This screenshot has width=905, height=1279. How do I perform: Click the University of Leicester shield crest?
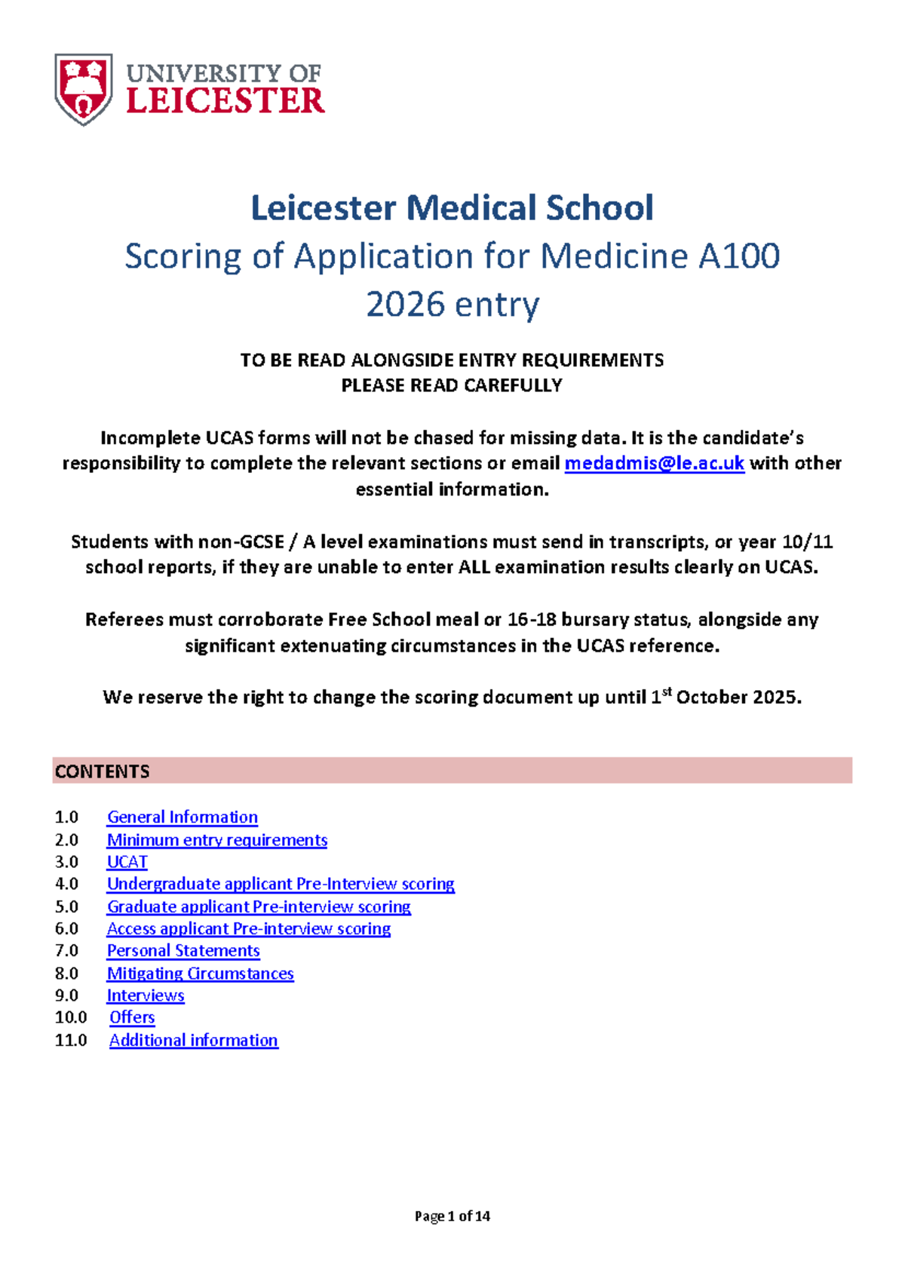[x=84, y=89]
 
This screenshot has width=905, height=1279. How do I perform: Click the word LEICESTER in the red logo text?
[x=225, y=101]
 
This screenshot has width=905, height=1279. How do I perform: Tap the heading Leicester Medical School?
[x=452, y=208]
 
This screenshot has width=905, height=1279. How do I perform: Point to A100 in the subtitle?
[x=739, y=256]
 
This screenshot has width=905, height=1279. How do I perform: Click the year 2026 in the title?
[x=405, y=305]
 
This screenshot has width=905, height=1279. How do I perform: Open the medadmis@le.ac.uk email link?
[x=654, y=463]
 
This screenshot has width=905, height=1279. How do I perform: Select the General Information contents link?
[x=183, y=817]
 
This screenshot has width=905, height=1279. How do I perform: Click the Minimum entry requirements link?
[x=217, y=840]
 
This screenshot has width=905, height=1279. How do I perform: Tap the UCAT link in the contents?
[x=127, y=862]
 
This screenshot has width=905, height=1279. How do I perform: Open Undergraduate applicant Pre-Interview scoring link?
[x=281, y=884]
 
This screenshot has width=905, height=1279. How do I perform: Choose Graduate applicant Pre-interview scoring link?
[x=259, y=906]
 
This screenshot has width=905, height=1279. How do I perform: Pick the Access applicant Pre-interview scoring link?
[x=249, y=928]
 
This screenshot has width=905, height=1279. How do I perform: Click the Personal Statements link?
[x=183, y=951]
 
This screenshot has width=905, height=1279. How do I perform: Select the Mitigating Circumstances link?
[x=200, y=974]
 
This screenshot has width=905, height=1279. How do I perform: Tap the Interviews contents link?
[x=146, y=995]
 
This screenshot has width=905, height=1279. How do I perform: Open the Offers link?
[x=132, y=1017]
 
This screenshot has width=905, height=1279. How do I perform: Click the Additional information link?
[x=194, y=1041]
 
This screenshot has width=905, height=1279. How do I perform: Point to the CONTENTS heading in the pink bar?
[x=103, y=771]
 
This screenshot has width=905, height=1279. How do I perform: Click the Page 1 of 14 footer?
[x=452, y=1216]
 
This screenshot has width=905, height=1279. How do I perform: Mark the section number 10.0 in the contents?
[x=71, y=1017]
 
